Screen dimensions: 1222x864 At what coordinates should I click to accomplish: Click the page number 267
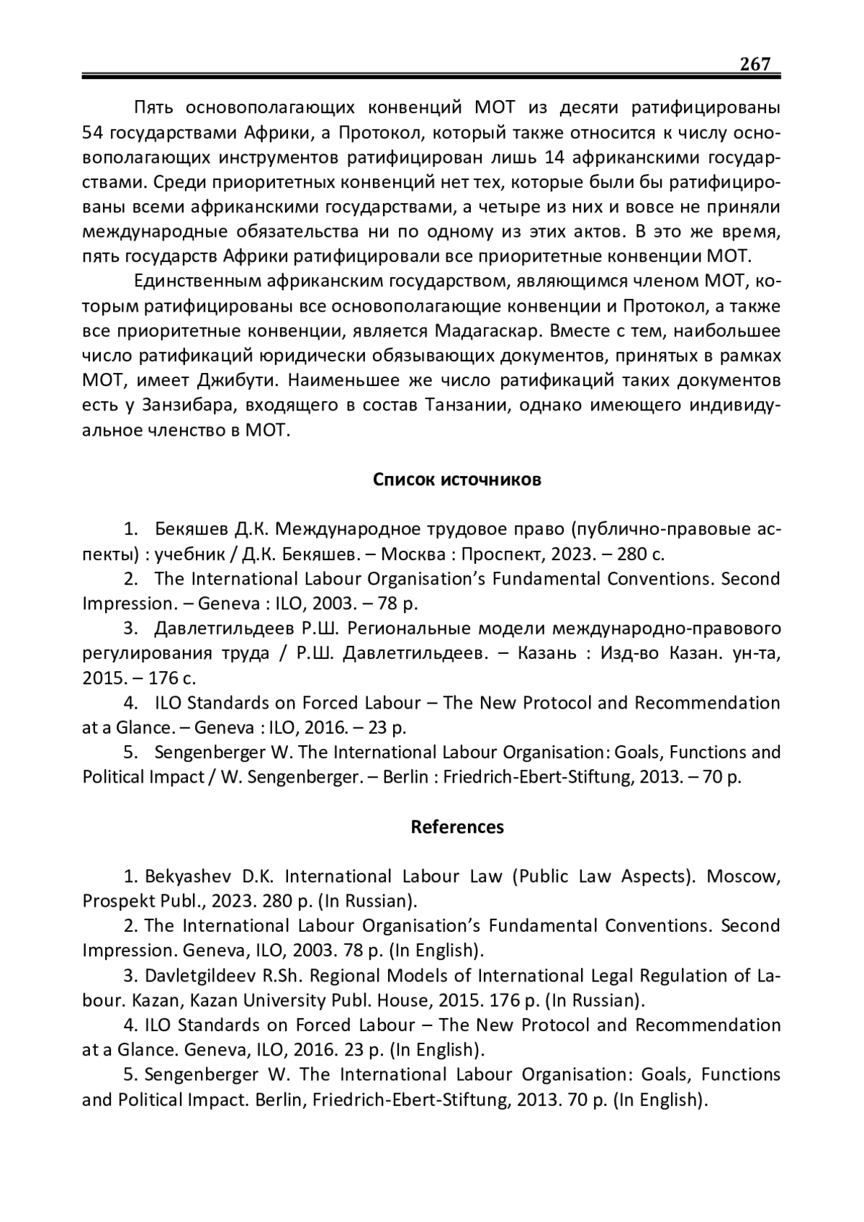(x=755, y=64)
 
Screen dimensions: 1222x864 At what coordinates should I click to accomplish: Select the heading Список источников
(x=456, y=480)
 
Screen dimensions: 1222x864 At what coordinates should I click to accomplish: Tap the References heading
(x=457, y=827)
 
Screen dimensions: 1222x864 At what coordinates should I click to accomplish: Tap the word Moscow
(x=744, y=876)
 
